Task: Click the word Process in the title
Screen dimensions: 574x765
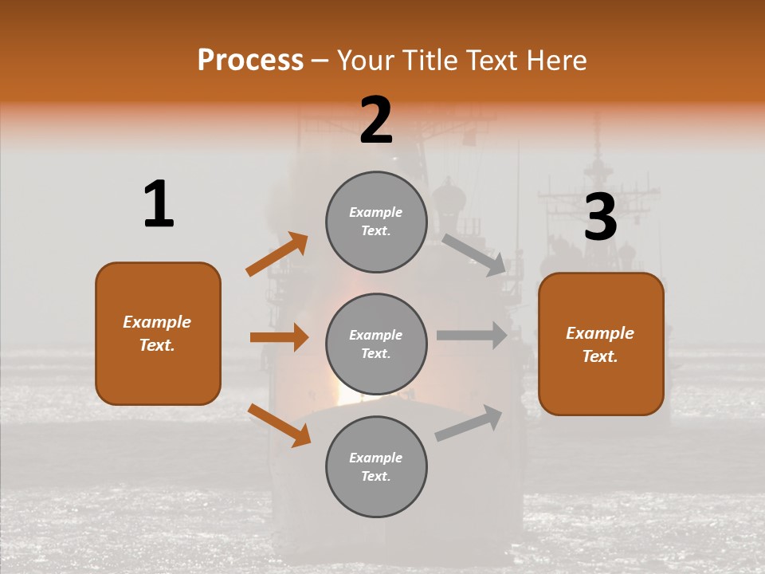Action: point(250,61)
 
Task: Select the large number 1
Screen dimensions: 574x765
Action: point(159,204)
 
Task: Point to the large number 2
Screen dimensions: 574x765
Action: point(376,120)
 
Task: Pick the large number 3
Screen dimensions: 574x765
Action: point(600,217)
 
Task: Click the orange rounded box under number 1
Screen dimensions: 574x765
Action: point(158,333)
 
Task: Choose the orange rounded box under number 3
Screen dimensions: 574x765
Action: point(601,344)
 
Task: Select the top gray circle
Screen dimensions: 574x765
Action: point(376,221)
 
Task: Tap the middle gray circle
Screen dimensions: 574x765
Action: point(376,344)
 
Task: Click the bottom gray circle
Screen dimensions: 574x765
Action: point(376,466)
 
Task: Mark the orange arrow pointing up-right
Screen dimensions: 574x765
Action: point(277,254)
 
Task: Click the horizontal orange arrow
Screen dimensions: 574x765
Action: point(279,337)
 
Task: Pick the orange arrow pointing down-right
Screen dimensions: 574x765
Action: point(279,424)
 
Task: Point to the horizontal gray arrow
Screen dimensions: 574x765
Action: point(472,335)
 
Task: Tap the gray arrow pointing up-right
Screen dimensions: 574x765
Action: point(469,423)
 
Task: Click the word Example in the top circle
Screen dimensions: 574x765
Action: point(376,212)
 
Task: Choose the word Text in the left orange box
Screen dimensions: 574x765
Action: point(156,345)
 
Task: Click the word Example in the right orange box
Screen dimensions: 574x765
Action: point(600,333)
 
